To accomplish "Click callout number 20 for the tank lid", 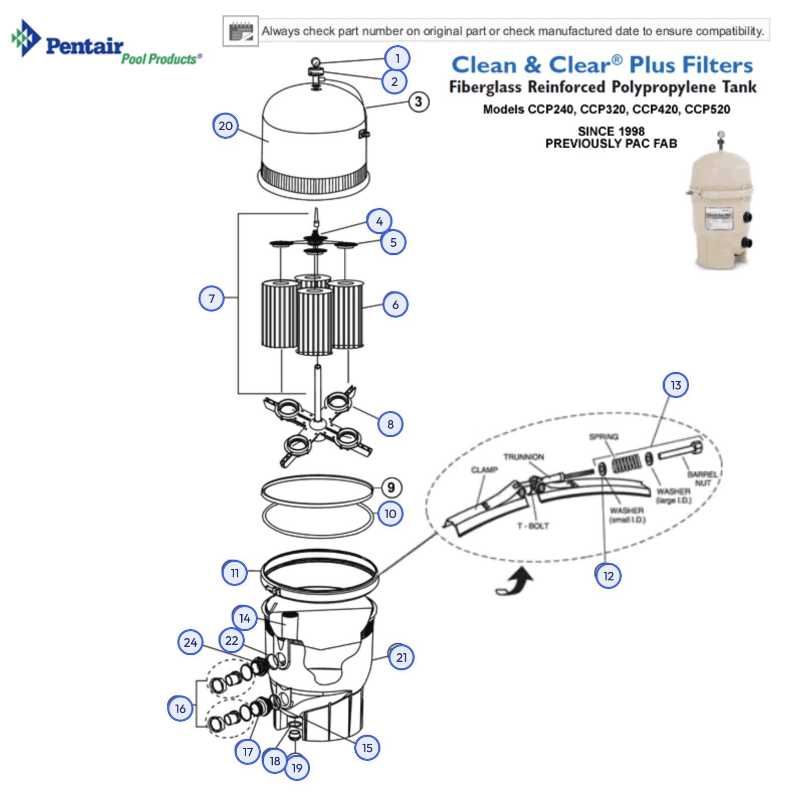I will point(225,126).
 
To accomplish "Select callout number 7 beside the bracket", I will point(212,298).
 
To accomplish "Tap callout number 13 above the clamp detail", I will point(675,385).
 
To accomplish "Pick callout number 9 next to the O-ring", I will point(391,487).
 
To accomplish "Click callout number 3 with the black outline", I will point(418,102).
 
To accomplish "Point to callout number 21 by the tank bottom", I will point(401,657).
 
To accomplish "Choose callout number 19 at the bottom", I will point(297,767).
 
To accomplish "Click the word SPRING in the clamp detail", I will point(604,436).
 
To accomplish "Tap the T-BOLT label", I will point(533,526).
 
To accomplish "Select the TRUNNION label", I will point(524,456).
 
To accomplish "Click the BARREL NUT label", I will point(703,478).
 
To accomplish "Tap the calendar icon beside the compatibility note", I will point(241,31).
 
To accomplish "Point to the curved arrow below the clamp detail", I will point(516,582).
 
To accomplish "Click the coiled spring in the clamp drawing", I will point(626,462).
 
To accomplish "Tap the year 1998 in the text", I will point(631,131).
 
